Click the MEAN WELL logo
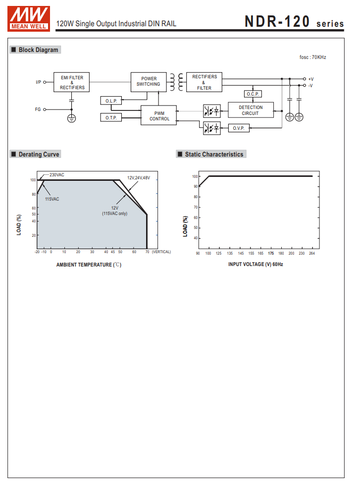(29, 19)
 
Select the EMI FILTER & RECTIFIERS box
(72, 83)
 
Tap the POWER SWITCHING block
(149, 82)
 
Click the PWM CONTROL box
(159, 116)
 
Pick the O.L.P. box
(111, 101)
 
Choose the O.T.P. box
(111, 117)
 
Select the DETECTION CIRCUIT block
(251, 110)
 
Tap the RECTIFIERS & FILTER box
(205, 82)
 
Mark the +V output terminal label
(310, 79)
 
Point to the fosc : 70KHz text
(313, 57)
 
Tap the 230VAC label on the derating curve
(57, 175)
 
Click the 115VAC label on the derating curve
(52, 199)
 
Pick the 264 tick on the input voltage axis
(312, 253)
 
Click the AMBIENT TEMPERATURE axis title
(89, 265)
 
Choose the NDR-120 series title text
(294, 22)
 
